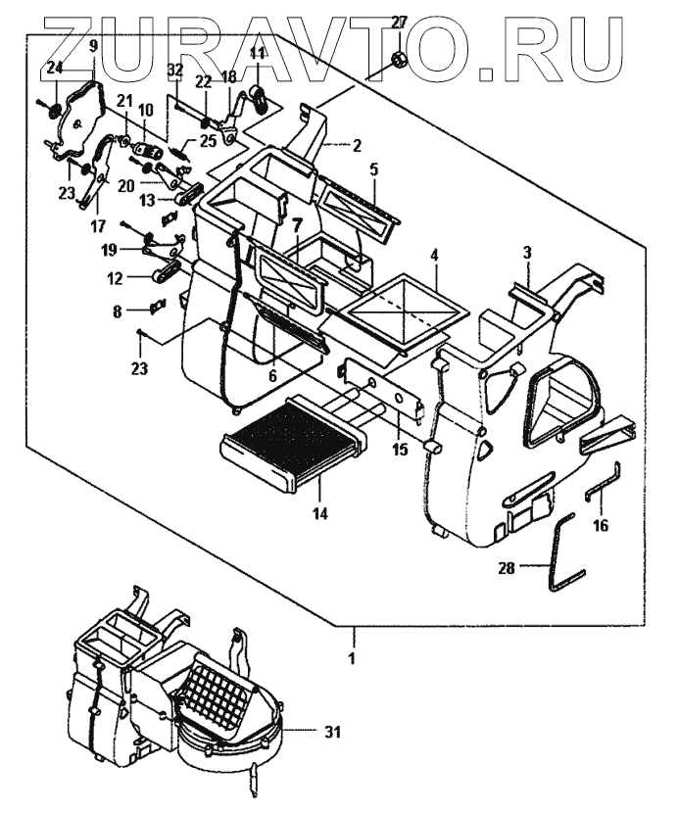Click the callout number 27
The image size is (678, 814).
398,23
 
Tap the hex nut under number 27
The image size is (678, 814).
399,61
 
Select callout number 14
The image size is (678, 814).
320,512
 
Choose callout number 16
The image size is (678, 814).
601,526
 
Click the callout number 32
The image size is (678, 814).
175,70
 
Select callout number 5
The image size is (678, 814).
373,168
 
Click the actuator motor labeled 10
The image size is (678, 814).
149,152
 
